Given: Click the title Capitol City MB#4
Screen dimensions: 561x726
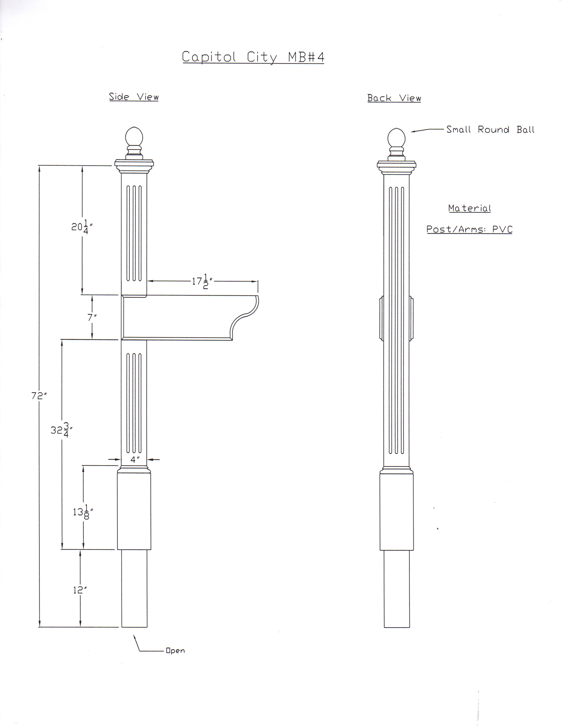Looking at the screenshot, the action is pos(253,57).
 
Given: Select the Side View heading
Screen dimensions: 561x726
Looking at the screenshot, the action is pos(134,97).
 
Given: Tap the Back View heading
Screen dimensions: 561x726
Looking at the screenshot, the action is pos(394,98).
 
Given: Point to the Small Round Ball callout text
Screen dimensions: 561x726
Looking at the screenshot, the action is pos(490,129).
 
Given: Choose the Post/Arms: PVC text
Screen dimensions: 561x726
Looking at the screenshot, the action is pos(469,229).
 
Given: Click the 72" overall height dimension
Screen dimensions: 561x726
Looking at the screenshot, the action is pos(39,396).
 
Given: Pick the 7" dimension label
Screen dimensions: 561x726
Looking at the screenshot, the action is pos(92,317).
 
